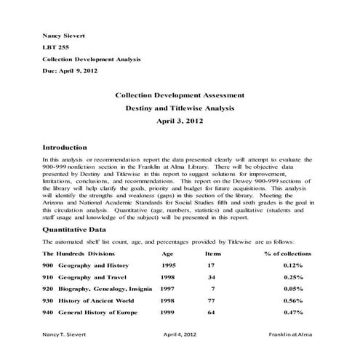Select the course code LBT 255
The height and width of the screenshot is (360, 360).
tap(55, 47)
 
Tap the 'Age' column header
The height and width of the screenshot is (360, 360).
tap(168, 253)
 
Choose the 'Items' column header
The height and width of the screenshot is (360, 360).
tap(213, 253)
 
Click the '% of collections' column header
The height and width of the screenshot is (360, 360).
tap(288, 253)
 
